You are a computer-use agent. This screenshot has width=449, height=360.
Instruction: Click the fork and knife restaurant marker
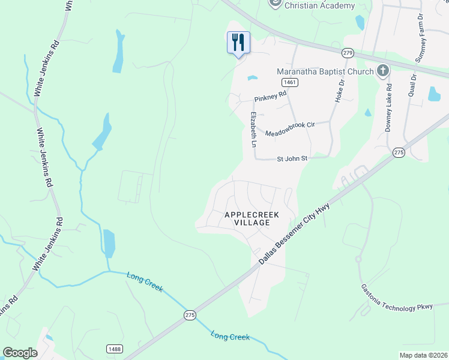[238, 43]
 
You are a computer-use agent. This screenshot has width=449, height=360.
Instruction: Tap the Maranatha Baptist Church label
[325, 71]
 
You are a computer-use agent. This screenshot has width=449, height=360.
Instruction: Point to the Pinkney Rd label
[271, 95]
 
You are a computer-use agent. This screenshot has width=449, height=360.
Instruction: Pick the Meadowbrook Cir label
[290, 128]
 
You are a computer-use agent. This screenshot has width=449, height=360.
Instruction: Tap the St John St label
[292, 159]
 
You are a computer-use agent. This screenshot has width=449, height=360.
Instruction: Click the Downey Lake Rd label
[388, 107]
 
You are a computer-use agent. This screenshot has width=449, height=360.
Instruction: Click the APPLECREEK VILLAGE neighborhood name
[247, 218]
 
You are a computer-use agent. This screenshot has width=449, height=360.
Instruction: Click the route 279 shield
[348, 53]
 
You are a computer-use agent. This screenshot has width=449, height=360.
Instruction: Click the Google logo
[20, 352]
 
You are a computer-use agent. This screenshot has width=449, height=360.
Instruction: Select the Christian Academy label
[319, 5]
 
